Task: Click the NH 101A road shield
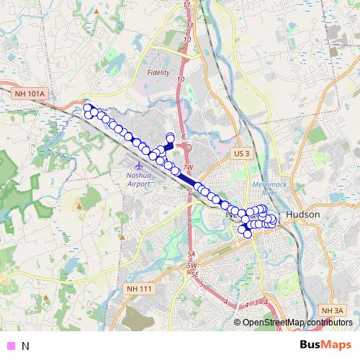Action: [x=29, y=93]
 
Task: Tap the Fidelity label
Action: [x=158, y=73]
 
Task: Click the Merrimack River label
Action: [x=266, y=189]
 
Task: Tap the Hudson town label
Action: [x=302, y=215]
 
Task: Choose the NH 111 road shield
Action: [x=139, y=289]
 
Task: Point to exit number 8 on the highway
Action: [x=184, y=135]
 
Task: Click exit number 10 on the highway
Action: [x=179, y=79]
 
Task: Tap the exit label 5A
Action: [x=191, y=254]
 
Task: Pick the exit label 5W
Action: [x=192, y=266]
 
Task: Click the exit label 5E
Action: [x=194, y=274]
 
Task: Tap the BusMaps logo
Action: [x=326, y=344]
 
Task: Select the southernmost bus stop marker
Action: [x=248, y=233]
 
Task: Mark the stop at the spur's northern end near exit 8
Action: [x=171, y=137]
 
